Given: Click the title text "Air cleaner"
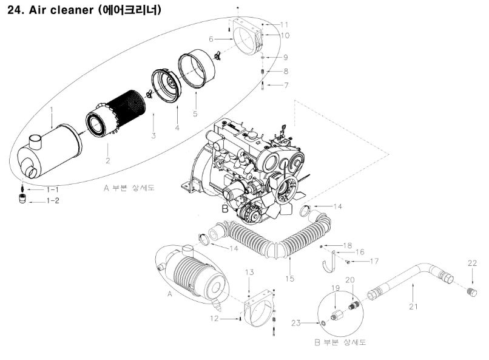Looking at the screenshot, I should [59, 10].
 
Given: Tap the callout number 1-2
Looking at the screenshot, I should [53, 200].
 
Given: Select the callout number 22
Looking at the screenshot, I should [473, 263].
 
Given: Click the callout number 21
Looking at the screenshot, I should [413, 306].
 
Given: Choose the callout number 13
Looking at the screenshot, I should [249, 273].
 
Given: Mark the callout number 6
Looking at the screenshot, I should [212, 38].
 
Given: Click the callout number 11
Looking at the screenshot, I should [285, 24].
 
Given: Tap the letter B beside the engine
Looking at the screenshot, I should [224, 208].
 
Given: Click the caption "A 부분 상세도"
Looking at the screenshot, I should [129, 188].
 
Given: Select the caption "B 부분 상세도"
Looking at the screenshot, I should [340, 343].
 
